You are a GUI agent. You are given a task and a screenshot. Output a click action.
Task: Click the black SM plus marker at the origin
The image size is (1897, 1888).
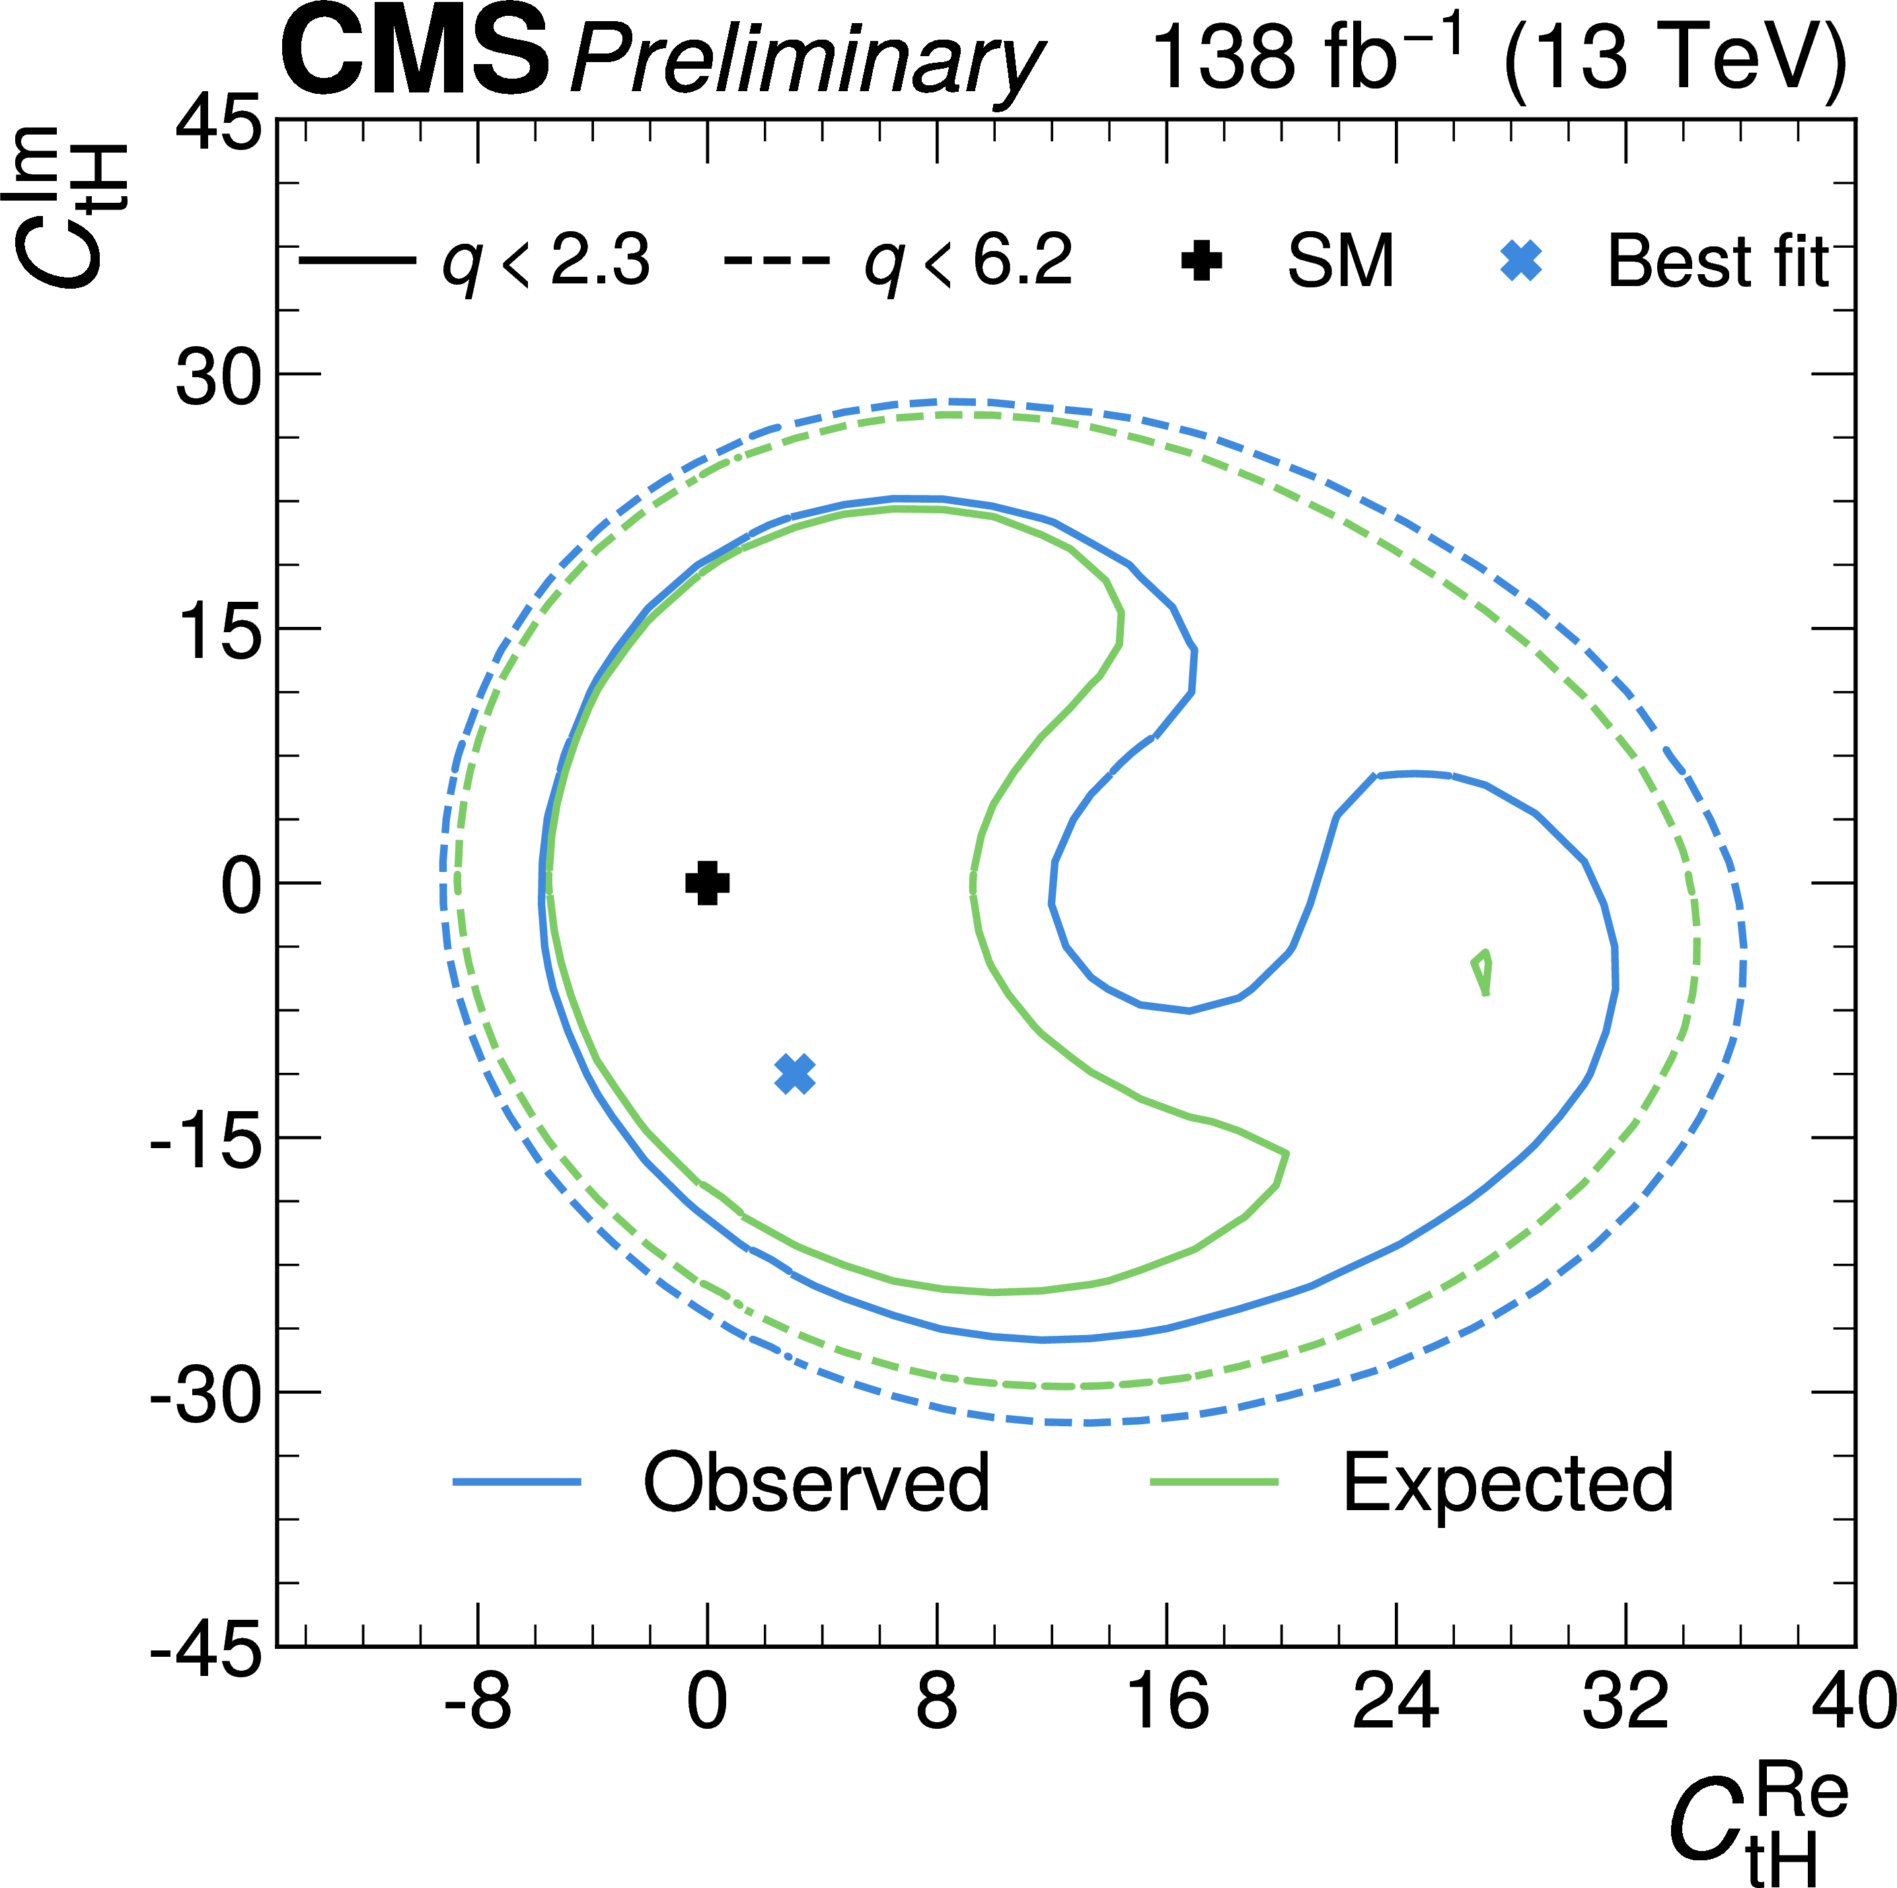[x=707, y=883]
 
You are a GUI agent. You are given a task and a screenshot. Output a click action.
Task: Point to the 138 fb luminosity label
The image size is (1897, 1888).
[x=1306, y=57]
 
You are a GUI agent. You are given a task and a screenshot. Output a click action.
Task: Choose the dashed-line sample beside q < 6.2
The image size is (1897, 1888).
[x=776, y=261]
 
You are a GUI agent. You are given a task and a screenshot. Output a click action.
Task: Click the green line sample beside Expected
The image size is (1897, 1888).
[x=1214, y=1482]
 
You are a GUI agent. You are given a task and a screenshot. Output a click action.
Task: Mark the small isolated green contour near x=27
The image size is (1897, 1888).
[x=1483, y=972]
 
